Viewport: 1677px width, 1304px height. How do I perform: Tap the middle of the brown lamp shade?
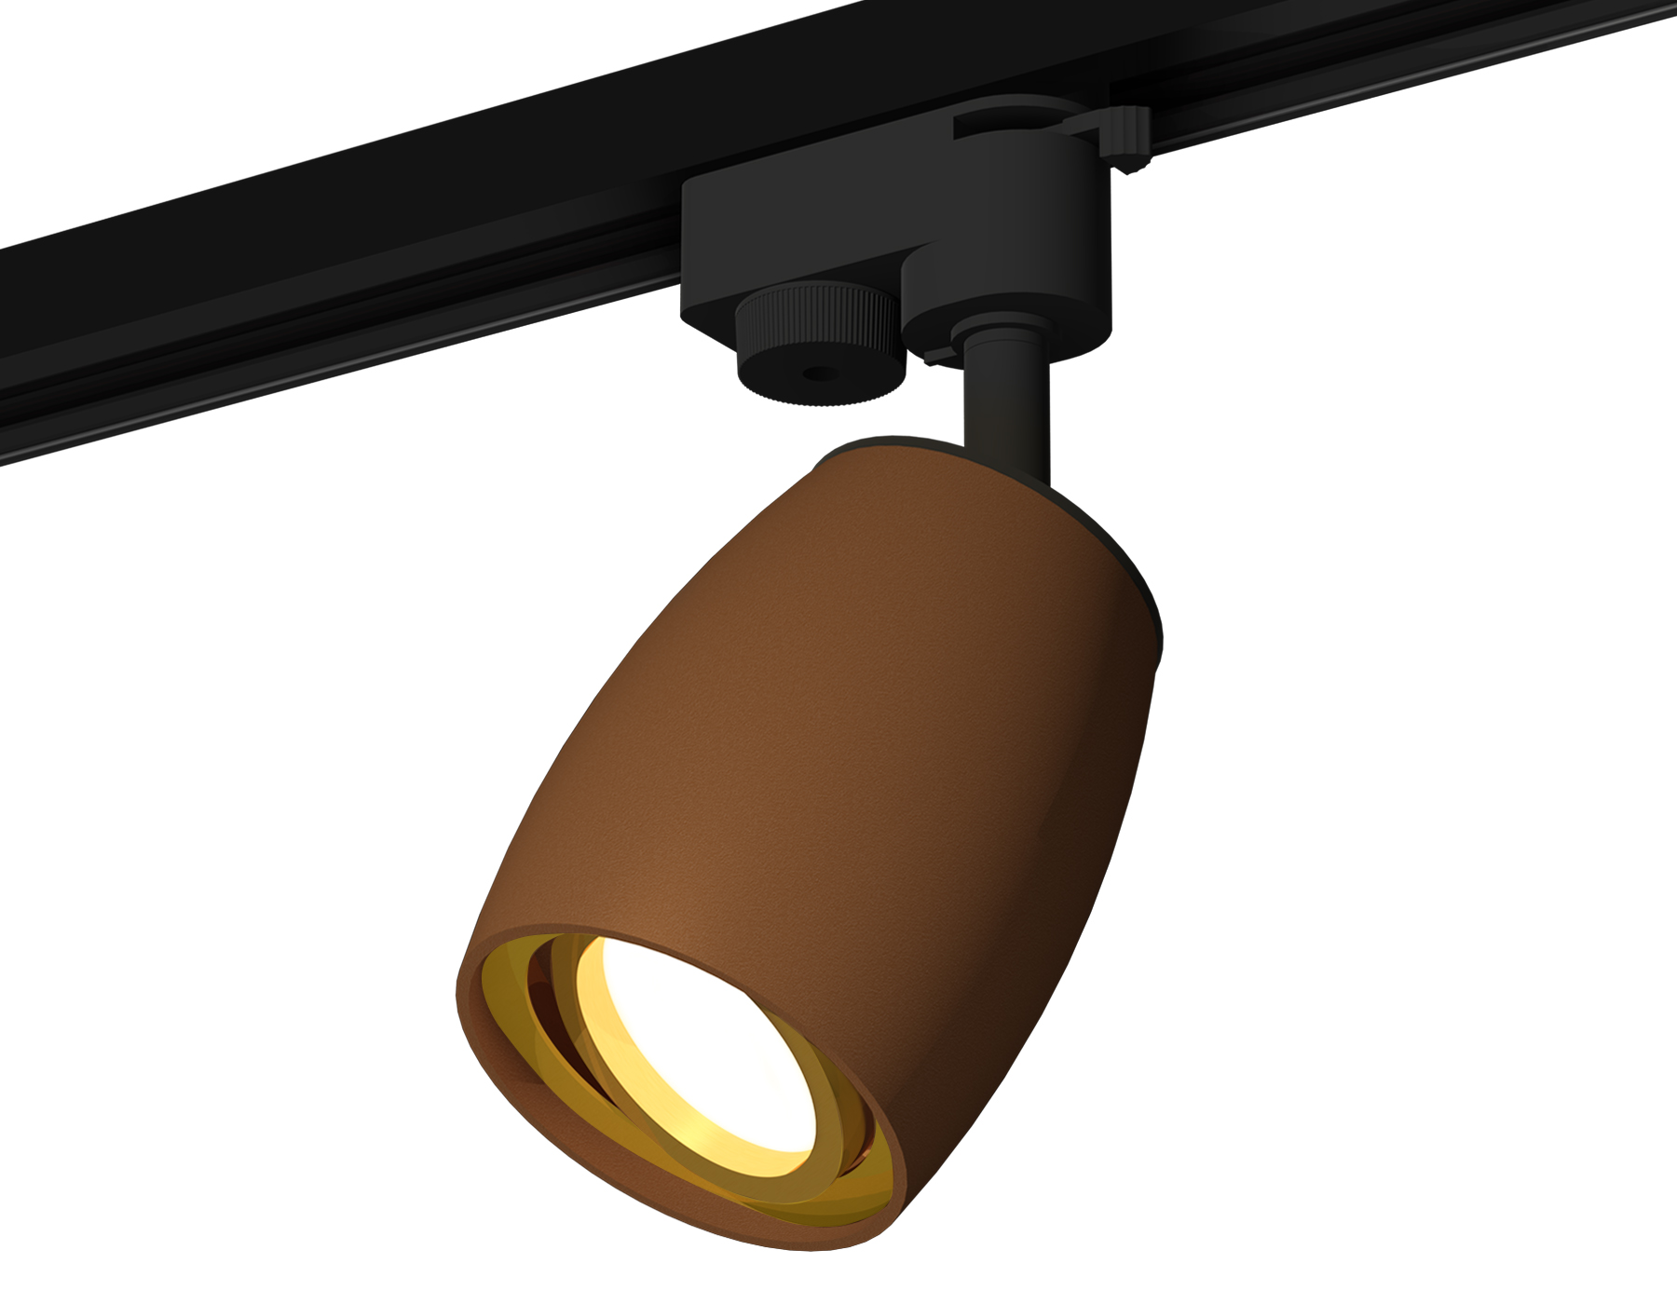[838, 745]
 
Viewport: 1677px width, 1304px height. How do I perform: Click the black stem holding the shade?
[1006, 410]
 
